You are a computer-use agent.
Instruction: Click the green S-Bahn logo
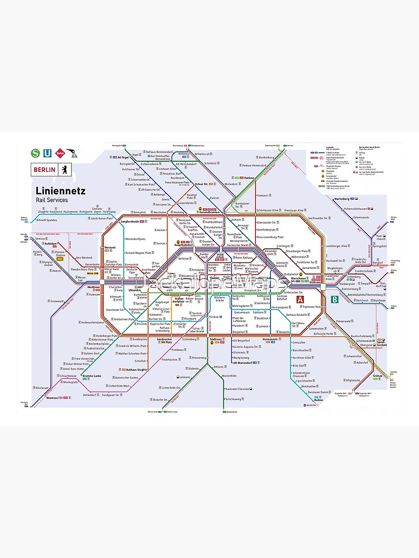tap(36, 152)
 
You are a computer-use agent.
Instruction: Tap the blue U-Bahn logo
tap(48, 152)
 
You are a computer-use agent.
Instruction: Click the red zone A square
tap(301, 300)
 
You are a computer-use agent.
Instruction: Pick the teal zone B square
tap(335, 300)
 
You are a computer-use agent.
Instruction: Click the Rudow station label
tap(318, 400)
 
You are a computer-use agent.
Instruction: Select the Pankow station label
tap(249, 178)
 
